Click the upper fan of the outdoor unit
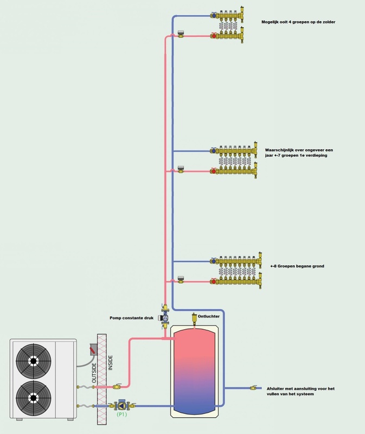[35, 360]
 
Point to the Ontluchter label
[208, 316]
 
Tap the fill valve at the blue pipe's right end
[253, 388]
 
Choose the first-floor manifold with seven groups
[235, 160]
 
